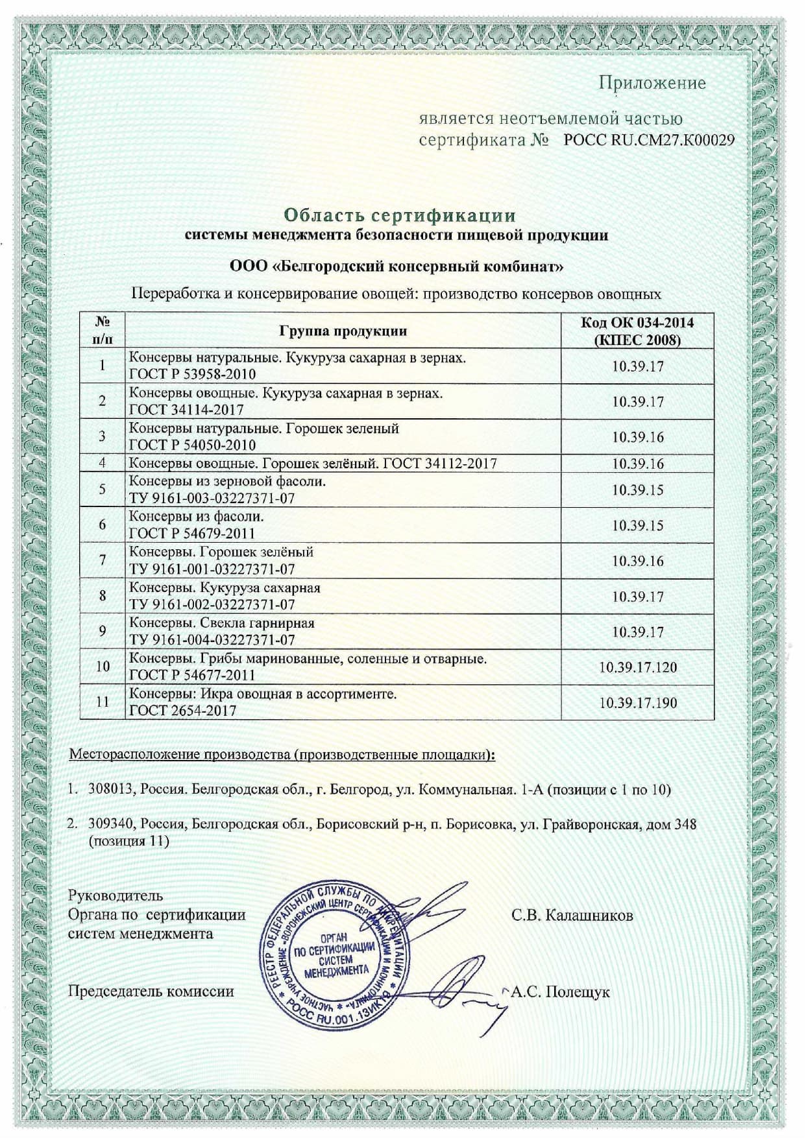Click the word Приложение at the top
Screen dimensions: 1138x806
[x=652, y=83]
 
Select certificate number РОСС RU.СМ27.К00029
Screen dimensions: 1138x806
[x=649, y=140]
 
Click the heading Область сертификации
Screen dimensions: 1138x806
[x=400, y=215]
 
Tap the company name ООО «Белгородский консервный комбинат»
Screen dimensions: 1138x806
[x=397, y=267]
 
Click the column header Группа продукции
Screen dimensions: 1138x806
[x=343, y=331]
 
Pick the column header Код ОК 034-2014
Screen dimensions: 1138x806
[x=637, y=323]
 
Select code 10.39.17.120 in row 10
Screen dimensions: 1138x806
[x=637, y=667]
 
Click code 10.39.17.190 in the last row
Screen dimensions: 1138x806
[x=637, y=703]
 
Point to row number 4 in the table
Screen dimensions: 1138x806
[x=102, y=463]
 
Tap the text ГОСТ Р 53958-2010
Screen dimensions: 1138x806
[x=192, y=374]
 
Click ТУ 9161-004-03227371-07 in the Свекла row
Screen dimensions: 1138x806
[x=212, y=640]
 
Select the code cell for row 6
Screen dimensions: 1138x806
[x=637, y=525]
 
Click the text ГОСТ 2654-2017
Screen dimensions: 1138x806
[x=182, y=711]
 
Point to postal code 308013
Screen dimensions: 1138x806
[x=111, y=790]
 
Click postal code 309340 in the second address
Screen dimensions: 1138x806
[x=111, y=825]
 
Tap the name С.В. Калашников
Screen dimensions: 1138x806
[x=572, y=915]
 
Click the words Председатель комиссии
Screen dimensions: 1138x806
[x=151, y=991]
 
